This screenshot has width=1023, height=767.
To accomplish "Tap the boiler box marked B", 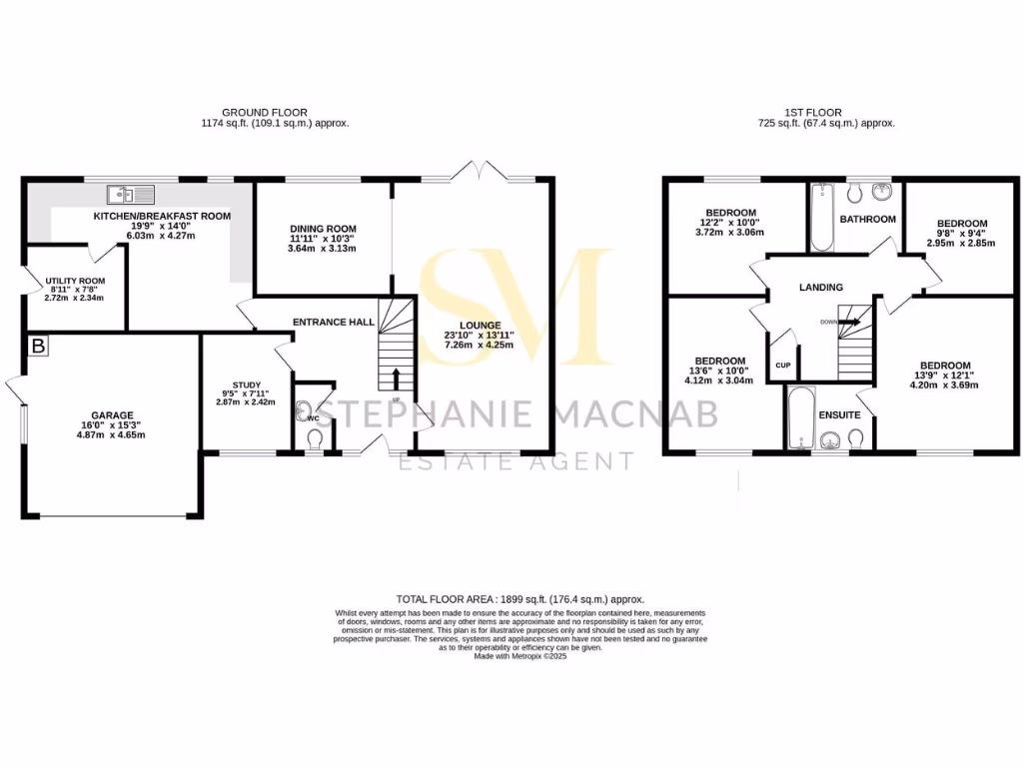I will (39, 347).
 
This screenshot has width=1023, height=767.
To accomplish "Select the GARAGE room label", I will (112, 415).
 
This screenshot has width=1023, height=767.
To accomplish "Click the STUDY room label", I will (247, 385).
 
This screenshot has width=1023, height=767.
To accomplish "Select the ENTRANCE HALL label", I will (333, 323).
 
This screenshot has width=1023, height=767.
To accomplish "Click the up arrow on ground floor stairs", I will (397, 379).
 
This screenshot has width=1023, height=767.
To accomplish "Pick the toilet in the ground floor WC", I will (315, 439).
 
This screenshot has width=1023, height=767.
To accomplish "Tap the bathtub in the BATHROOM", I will (821, 217).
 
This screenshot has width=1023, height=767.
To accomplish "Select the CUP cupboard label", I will (783, 366).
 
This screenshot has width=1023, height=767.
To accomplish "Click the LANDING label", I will (820, 288).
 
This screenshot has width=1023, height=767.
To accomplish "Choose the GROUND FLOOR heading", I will (264, 112).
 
